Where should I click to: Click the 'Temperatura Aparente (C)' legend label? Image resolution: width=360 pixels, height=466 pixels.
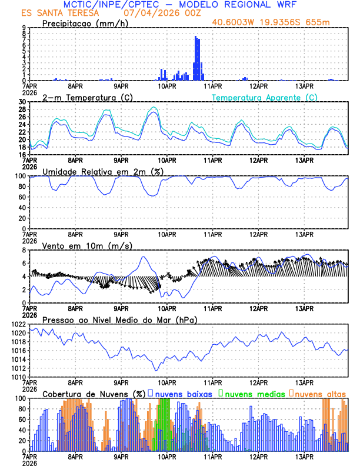265,97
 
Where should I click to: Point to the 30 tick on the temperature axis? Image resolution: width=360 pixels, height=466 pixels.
23,102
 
